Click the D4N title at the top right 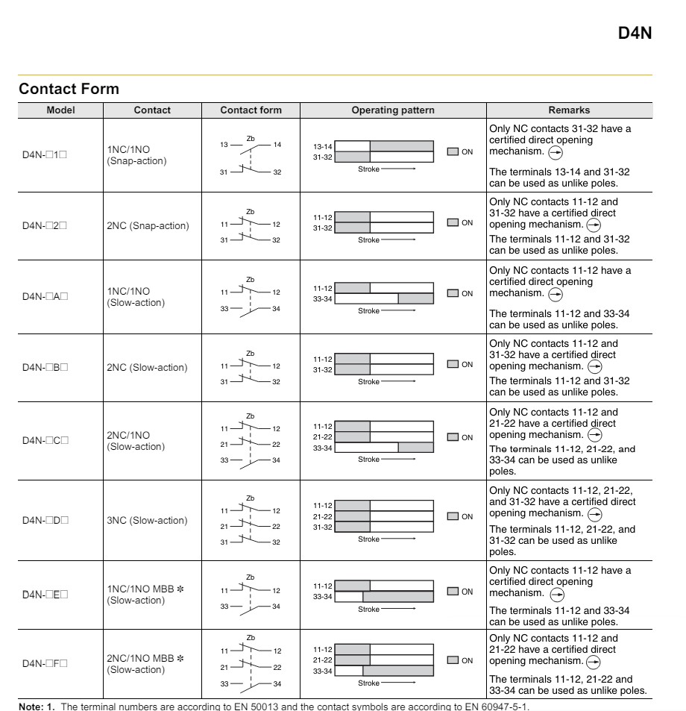coord(635,34)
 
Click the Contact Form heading coord(69,89)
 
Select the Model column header coord(60,110)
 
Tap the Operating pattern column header coord(393,110)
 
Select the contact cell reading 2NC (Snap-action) coord(148,226)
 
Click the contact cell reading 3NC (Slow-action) coord(148,520)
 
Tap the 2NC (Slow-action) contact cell coord(148,367)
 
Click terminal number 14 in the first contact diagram coord(277,145)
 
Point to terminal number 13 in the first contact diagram coord(224,145)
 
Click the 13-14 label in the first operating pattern coord(322,147)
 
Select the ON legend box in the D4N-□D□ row coord(453,516)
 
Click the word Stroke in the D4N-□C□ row coord(368,460)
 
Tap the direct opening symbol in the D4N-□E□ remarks coord(556,595)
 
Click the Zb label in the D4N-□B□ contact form coord(250,354)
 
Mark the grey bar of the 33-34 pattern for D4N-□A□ coord(415,298)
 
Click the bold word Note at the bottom coord(31,706)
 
